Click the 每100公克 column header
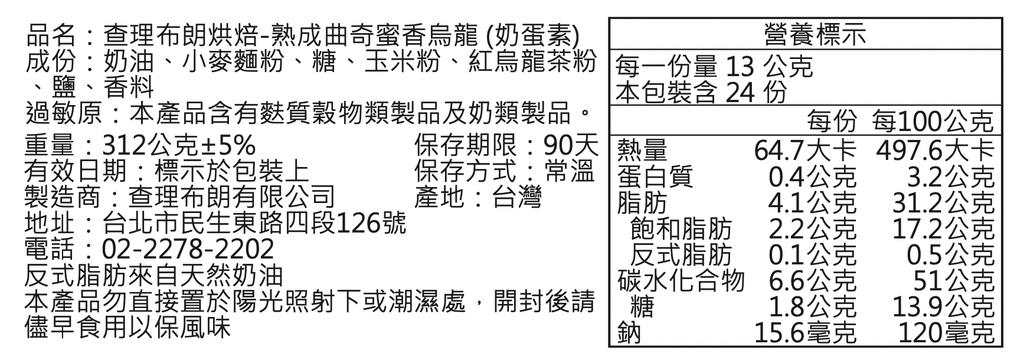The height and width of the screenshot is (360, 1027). pos(933,122)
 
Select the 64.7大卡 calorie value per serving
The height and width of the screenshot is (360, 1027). pos(804,150)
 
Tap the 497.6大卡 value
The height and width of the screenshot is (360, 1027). pos(935,150)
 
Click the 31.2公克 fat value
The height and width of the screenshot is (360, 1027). pos(943,202)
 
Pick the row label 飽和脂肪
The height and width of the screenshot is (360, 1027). pos(680,228)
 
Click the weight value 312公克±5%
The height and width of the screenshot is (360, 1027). pos(179,145)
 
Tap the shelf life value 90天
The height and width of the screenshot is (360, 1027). pos(571,145)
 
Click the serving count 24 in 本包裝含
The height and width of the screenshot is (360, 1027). pos(739,93)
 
